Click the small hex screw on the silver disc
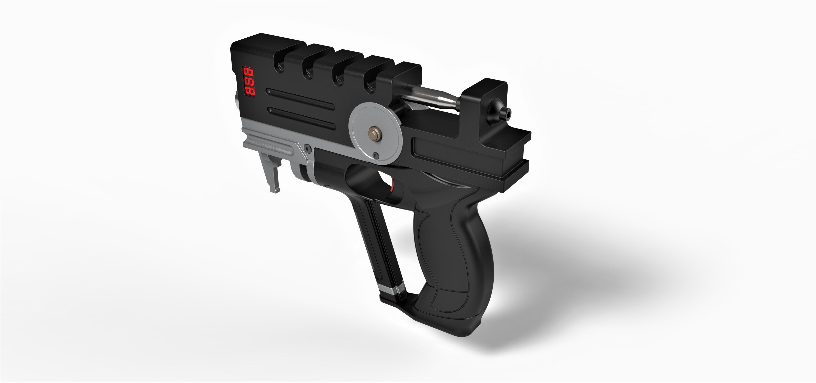(x=376, y=155)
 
